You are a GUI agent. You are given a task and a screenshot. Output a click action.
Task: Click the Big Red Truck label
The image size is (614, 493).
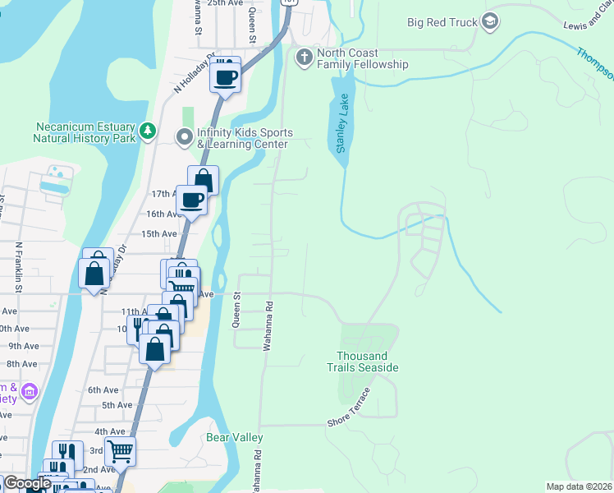pyautogui.click(x=442, y=22)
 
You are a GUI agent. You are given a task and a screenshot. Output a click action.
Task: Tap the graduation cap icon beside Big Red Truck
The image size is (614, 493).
pyautogui.click(x=491, y=21)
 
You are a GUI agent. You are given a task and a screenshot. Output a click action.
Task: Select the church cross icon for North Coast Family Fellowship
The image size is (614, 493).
pyautogui.click(x=304, y=58)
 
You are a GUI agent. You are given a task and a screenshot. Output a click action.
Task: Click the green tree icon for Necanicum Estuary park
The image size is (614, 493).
pyautogui.click(x=148, y=131)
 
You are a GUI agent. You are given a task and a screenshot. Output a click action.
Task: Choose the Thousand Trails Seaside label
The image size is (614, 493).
pyautogui.click(x=368, y=362)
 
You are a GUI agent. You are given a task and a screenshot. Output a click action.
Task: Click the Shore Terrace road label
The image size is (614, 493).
pyautogui.click(x=350, y=408)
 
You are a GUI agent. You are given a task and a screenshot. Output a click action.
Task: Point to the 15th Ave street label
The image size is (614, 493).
pyautogui.click(x=158, y=233)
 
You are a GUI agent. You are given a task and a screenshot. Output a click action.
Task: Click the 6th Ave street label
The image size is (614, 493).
pyautogui.click(x=103, y=390)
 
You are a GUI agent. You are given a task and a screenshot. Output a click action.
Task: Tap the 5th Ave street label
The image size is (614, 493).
pyautogui.click(x=117, y=405)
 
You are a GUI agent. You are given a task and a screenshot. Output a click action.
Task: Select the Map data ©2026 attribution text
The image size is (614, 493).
pyautogui.click(x=579, y=486)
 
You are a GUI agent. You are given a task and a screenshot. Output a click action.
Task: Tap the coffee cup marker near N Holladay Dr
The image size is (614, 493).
pyautogui.click(x=225, y=76)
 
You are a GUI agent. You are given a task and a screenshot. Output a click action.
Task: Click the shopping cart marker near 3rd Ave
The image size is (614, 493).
pyautogui.click(x=120, y=450)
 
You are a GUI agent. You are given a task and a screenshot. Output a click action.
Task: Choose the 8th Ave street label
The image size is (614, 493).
pyautogui.click(x=22, y=363)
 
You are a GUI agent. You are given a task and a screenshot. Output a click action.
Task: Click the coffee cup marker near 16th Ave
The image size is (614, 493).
pyautogui.click(x=192, y=199)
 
